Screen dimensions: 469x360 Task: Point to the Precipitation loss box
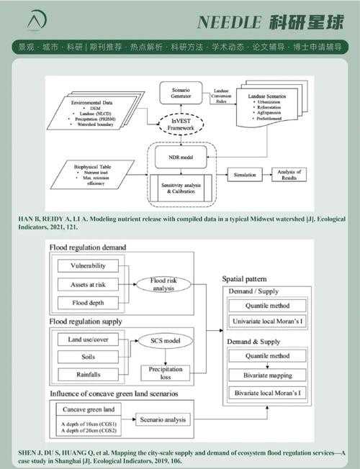point(165,374)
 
